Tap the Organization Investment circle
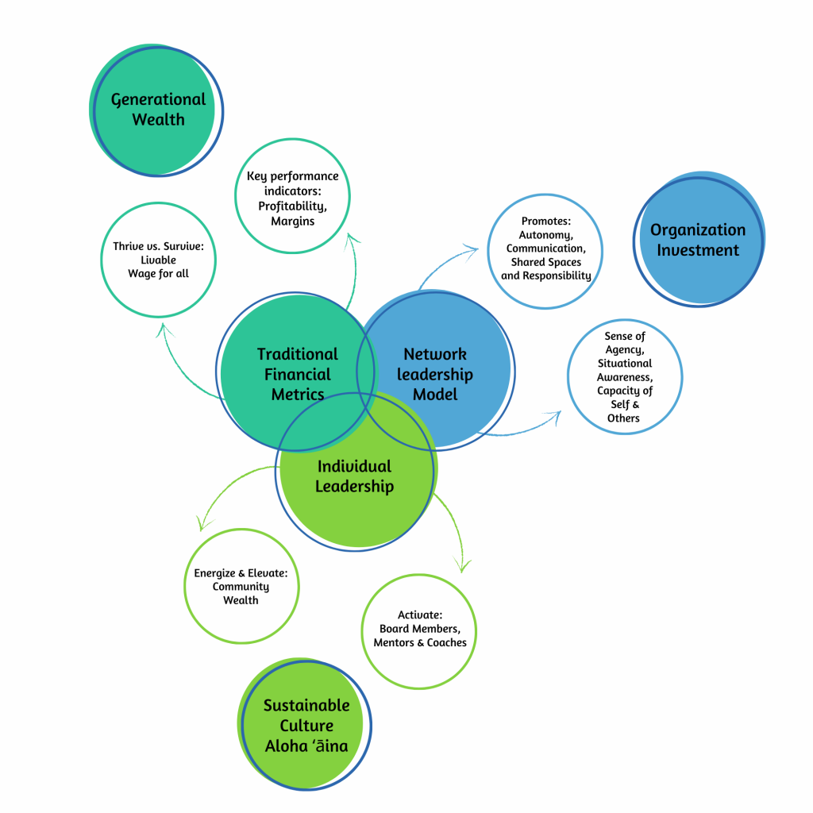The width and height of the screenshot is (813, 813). tap(699, 240)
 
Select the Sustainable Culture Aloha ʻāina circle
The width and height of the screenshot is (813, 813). tap(305, 725)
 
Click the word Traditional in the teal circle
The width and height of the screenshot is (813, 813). tap(297, 354)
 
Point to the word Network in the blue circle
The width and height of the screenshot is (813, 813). tap(434, 354)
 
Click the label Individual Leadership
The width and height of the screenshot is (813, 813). tap(354, 476)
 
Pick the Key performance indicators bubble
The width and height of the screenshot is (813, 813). tap(292, 197)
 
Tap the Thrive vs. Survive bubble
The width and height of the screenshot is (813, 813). tap(159, 260)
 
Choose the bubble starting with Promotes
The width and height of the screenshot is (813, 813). tap(545, 249)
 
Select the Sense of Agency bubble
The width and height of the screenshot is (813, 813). tap(624, 377)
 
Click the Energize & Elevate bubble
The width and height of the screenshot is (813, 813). tap(241, 586)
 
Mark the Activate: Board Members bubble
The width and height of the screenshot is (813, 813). tap(419, 630)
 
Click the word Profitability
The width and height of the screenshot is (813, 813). tap(292, 206)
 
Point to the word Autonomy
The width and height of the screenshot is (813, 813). tap(545, 235)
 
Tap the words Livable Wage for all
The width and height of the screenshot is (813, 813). tap(159, 267)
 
